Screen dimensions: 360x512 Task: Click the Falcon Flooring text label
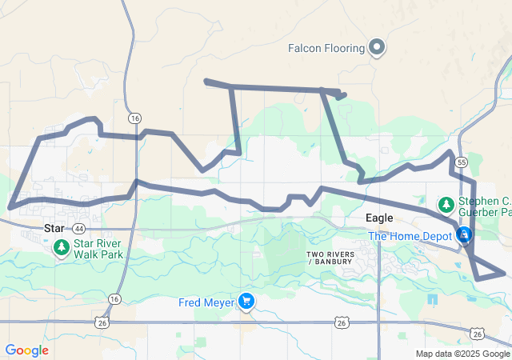tap(327, 48)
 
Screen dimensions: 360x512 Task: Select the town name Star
tap(54, 228)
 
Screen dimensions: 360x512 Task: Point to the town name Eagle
tap(378, 218)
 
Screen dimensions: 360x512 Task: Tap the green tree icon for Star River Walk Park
tap(62, 248)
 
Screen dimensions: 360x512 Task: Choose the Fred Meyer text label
tap(207, 302)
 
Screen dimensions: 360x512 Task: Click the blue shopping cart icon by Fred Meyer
tap(246, 302)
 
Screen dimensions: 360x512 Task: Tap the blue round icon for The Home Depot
tap(463, 235)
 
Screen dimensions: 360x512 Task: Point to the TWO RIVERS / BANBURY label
tap(329, 258)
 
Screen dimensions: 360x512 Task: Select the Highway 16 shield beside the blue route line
tap(134, 118)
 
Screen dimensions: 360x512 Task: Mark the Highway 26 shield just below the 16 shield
tap(102, 322)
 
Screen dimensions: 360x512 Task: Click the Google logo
tap(26, 350)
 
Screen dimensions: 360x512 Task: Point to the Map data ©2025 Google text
tap(462, 354)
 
